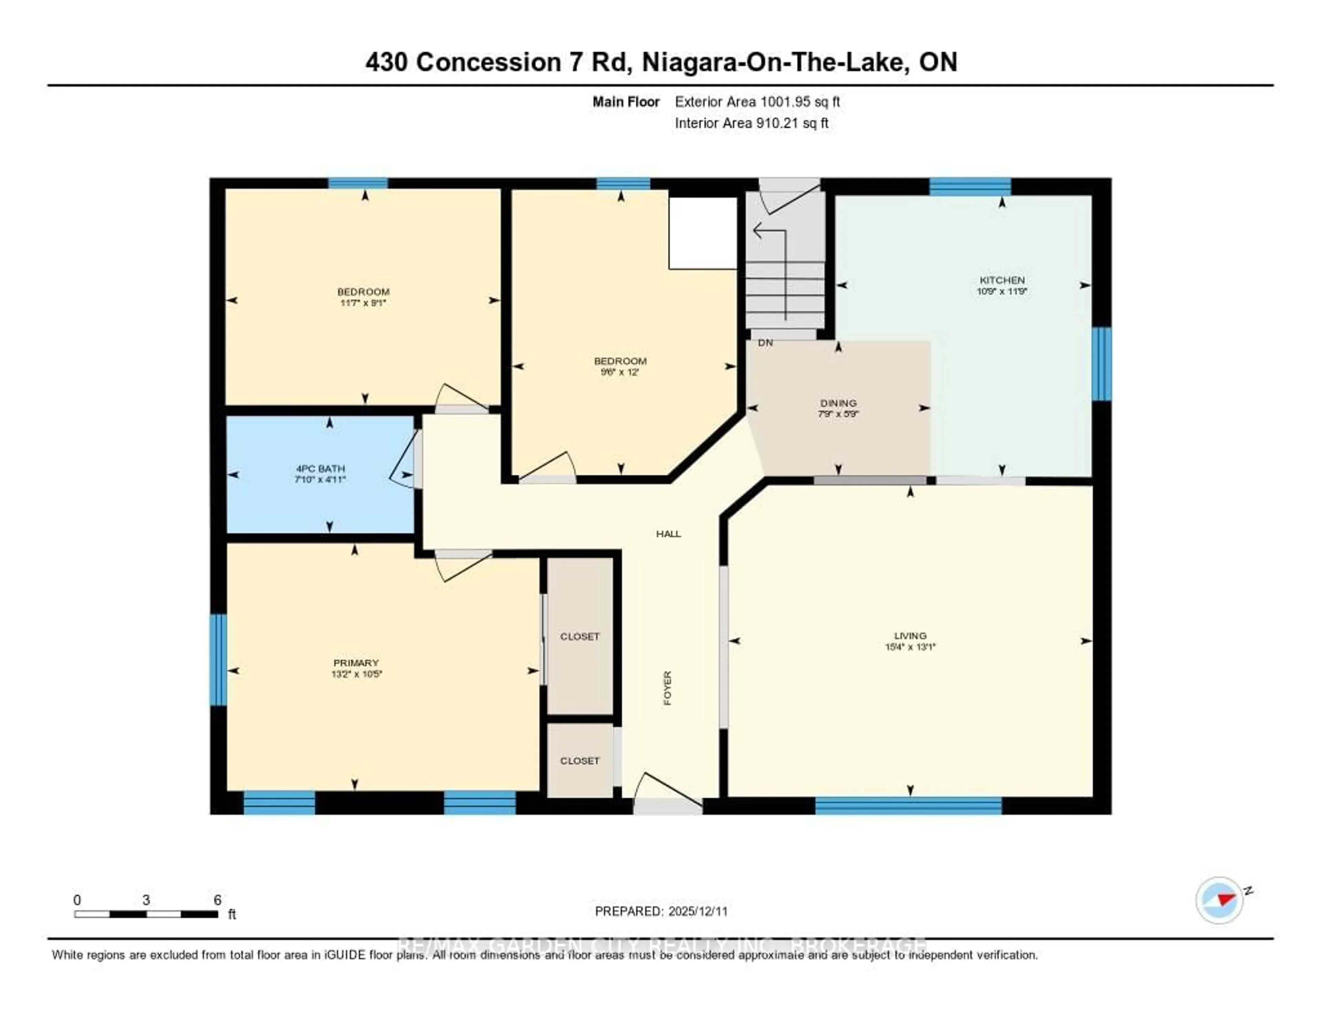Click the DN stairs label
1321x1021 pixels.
(765, 343)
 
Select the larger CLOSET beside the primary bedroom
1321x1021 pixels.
(579, 636)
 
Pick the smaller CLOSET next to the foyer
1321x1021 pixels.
(579, 761)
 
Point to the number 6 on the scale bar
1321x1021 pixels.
(217, 900)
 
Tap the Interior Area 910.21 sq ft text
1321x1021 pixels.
(751, 124)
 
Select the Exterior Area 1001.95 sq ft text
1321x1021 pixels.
(757, 102)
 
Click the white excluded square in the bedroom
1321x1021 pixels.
(703, 233)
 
